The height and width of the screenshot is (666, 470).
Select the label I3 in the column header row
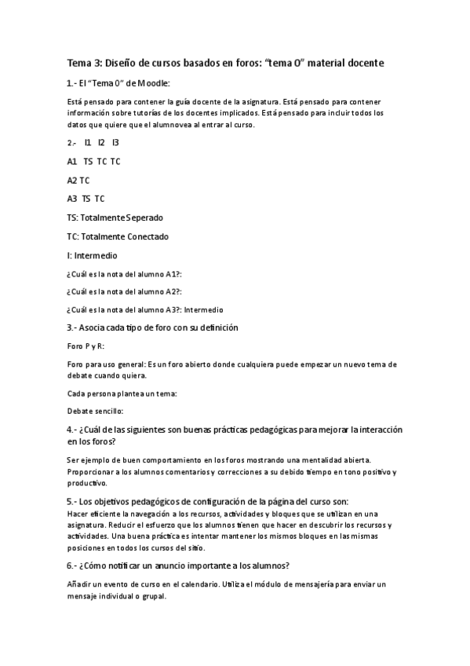coord(115,142)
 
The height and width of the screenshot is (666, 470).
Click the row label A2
coord(72,180)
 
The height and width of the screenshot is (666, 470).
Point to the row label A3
coord(72,199)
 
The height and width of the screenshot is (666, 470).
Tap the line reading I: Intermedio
coord(92,255)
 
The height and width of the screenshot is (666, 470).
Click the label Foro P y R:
coord(86,346)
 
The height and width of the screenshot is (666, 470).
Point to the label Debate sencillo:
coord(96,411)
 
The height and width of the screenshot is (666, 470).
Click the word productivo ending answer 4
coord(88,484)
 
